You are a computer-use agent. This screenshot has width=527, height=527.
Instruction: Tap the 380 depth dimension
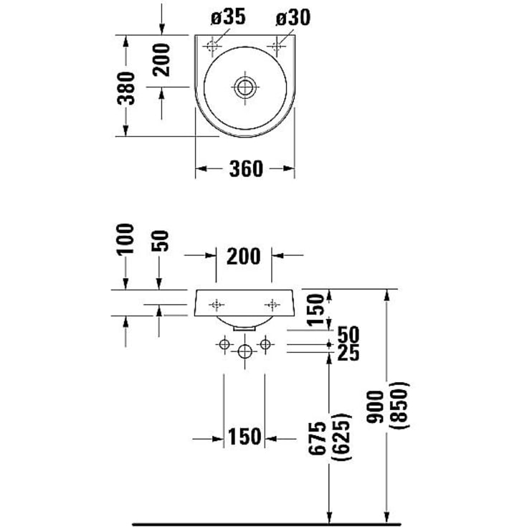click(x=126, y=87)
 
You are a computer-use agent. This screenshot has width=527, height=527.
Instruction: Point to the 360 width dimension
click(x=245, y=168)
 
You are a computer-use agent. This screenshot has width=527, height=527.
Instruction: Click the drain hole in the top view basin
click(x=245, y=87)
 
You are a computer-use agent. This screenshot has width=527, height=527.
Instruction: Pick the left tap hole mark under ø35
click(x=212, y=47)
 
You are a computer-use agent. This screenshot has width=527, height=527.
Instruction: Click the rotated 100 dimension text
click(x=126, y=239)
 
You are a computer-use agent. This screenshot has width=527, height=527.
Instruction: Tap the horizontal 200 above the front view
click(x=244, y=255)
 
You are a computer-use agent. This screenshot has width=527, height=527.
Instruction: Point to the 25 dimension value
click(x=348, y=353)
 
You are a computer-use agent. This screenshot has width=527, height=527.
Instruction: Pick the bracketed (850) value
click(x=400, y=407)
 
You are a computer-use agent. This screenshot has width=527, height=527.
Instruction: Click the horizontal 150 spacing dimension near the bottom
click(x=244, y=437)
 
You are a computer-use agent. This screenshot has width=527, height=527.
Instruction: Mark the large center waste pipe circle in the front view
click(x=245, y=352)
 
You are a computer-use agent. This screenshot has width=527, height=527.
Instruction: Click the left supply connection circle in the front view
click(x=224, y=346)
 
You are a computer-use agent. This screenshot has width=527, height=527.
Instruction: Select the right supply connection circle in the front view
click(x=265, y=346)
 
